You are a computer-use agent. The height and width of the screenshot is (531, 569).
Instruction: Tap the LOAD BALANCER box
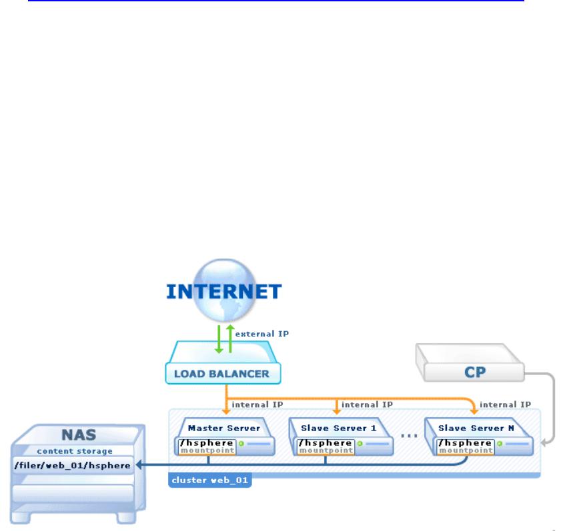pos(223,373)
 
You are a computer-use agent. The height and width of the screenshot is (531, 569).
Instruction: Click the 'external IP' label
pos(262,334)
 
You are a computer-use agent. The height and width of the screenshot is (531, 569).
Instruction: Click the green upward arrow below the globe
pos(230,336)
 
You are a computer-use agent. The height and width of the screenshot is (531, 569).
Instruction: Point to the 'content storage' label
pos(74,452)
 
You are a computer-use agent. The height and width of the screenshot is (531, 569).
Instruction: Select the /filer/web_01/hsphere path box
pos(73,465)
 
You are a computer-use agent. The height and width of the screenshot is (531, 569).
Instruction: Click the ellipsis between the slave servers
pos(408,436)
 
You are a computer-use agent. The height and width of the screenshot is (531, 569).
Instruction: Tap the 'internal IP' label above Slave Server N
pos(505,404)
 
